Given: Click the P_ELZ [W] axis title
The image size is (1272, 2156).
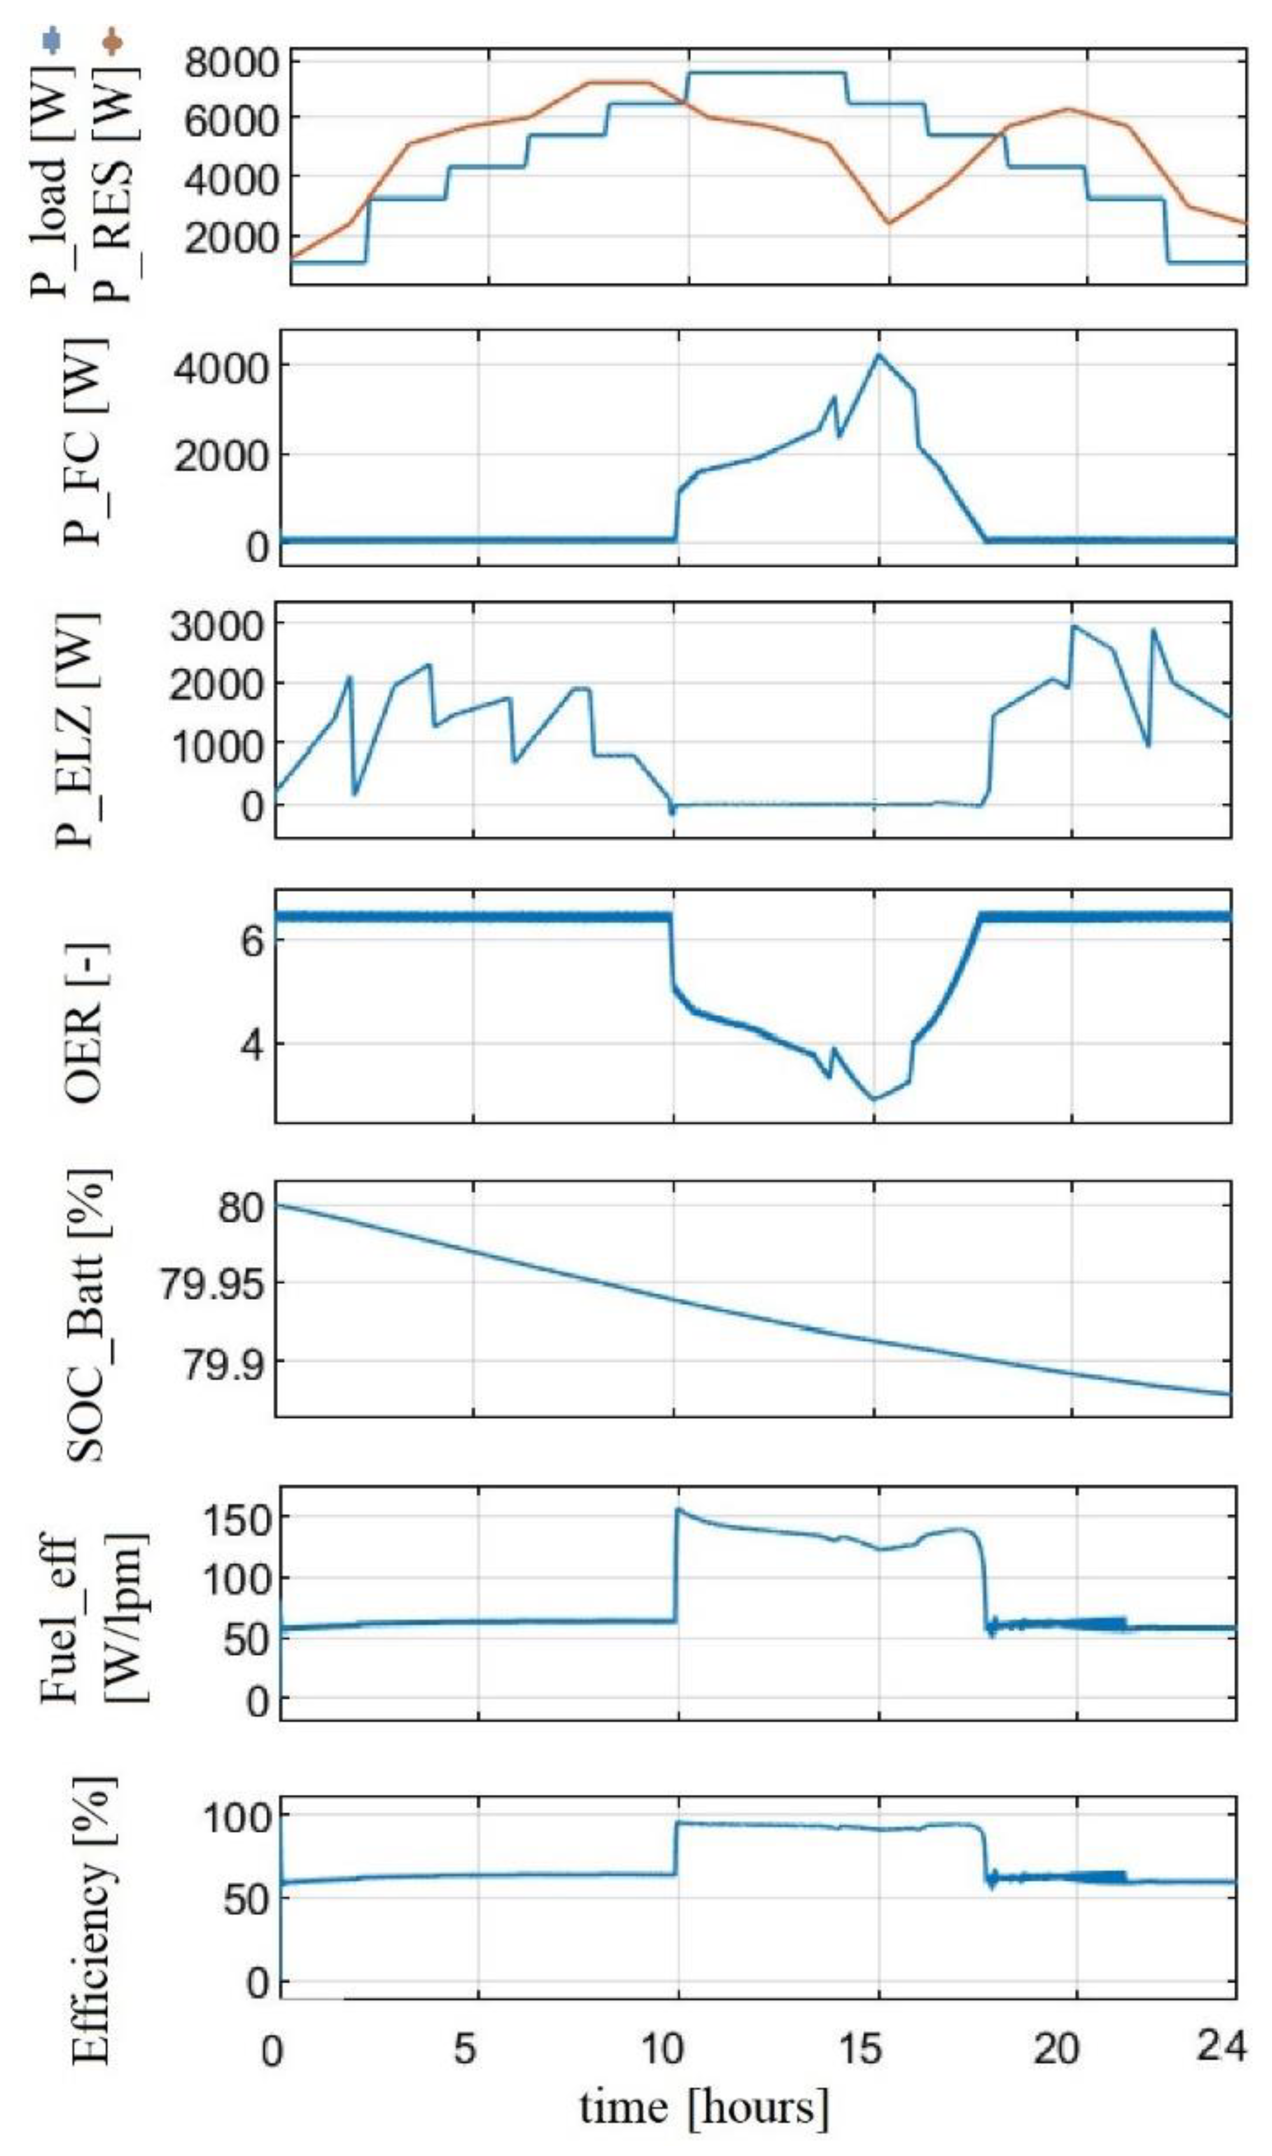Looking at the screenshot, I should click(x=76, y=729).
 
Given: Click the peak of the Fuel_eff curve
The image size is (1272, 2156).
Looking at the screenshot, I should click(x=679, y=1510).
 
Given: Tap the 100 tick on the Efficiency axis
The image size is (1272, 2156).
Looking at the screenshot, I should click(x=236, y=1817).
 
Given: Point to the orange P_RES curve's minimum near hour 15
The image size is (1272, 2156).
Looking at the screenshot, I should click(x=889, y=223).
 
